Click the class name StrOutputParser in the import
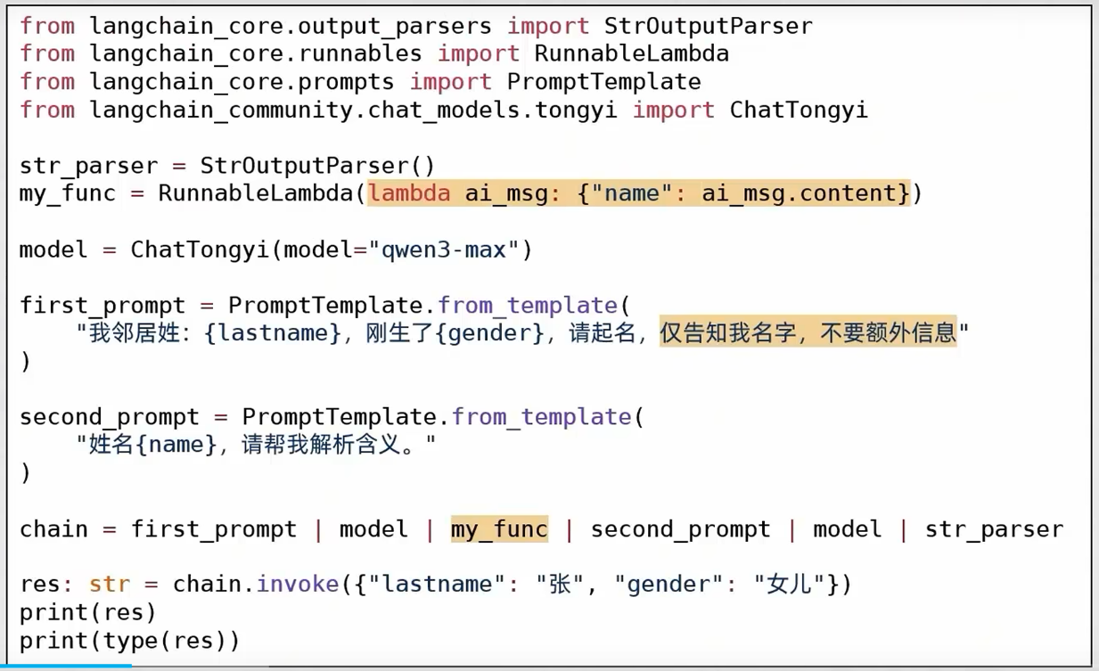coord(708,26)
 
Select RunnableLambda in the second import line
coord(631,53)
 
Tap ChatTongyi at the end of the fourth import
coord(799,110)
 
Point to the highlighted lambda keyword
coord(410,193)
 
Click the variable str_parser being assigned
coord(88,166)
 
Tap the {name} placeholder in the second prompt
coord(176,444)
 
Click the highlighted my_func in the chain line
coord(499,529)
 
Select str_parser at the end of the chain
coord(994,529)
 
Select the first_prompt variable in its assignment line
coord(103,306)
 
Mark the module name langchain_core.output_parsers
coord(291,26)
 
